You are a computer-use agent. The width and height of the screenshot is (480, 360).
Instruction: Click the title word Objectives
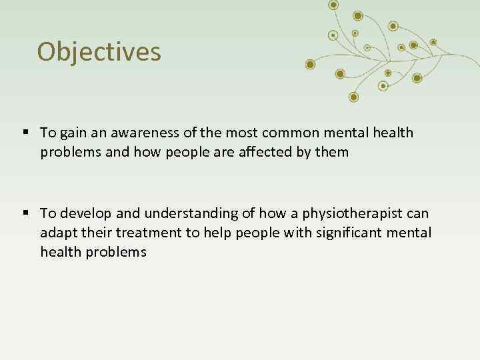click(99, 51)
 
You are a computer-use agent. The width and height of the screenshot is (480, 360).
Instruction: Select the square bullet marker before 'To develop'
click(25, 213)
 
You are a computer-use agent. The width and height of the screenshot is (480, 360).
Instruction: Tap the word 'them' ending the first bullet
click(333, 152)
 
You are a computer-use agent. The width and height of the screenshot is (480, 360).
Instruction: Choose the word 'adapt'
click(57, 233)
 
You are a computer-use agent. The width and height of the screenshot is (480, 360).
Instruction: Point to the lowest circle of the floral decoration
click(353, 97)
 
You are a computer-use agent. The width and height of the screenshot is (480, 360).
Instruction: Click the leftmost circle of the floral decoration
click(309, 64)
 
